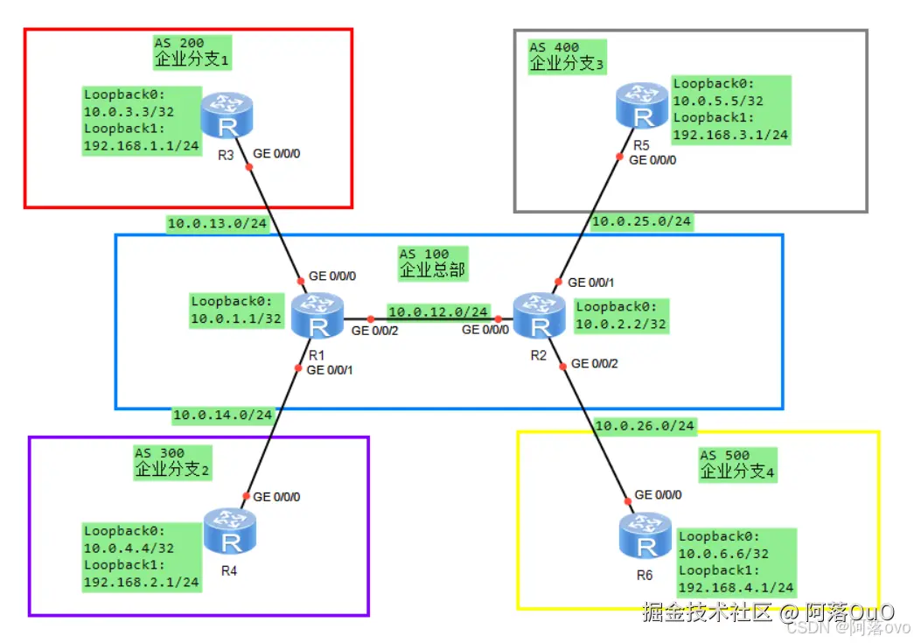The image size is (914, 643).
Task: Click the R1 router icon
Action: (317, 316)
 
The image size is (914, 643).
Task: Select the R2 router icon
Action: (539, 316)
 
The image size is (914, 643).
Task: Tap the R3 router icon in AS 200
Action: (227, 115)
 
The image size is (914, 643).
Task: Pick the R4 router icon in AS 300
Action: (230, 531)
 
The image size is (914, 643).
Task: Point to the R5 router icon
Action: (642, 106)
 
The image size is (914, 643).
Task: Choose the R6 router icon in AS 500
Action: (645, 535)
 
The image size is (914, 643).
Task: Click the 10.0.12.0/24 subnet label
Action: (438, 312)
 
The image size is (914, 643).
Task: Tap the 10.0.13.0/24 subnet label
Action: (217, 223)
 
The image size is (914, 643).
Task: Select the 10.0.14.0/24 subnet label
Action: (223, 415)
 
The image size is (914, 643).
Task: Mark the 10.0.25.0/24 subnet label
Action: (641, 221)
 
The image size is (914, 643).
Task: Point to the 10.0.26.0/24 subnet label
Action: (645, 425)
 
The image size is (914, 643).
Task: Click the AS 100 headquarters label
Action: (433, 263)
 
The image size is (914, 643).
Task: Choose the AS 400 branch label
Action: (567, 57)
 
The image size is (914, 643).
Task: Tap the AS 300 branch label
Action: (172, 463)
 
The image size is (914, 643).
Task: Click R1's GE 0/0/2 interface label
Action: (375, 331)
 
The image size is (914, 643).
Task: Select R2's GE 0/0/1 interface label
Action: (591, 283)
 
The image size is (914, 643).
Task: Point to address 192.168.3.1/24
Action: (730, 135)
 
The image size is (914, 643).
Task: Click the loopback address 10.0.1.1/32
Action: (236, 319)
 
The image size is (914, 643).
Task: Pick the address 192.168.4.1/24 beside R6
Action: (736, 588)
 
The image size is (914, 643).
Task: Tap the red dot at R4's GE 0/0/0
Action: (247, 496)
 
